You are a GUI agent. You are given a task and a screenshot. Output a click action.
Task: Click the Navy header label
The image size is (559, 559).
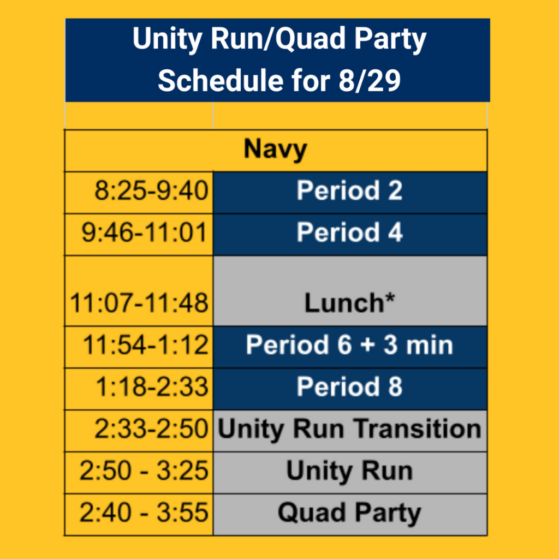pos(275,150)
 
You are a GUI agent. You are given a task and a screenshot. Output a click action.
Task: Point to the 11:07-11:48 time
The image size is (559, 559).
pos(139,303)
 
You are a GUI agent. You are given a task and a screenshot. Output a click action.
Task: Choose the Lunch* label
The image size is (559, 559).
pos(350,303)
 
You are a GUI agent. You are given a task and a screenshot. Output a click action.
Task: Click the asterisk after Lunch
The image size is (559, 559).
pos(390,298)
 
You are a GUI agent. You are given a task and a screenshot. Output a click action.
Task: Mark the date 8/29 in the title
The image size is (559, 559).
pos(370,80)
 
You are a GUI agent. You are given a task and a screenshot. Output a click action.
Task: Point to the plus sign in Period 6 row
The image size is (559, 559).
pos(368,346)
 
